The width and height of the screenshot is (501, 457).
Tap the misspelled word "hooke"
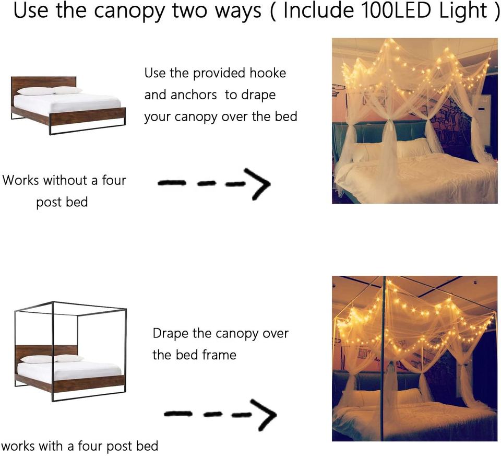click(x=268, y=73)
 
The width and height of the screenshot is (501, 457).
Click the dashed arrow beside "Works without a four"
click(x=214, y=183)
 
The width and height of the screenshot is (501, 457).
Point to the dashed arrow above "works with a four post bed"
click(x=220, y=414)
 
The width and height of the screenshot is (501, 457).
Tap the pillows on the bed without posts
click(x=50, y=91)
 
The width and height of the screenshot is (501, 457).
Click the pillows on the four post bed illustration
click(x=52, y=358)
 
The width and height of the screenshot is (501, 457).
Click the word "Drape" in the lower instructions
click(x=171, y=334)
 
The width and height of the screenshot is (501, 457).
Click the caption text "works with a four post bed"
click(x=79, y=446)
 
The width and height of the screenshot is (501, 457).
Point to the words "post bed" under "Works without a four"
click(x=62, y=203)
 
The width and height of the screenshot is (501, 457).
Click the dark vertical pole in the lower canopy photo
click(x=384, y=358)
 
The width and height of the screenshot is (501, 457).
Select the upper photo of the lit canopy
click(x=415, y=121)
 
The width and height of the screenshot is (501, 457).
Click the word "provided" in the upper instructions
click(x=220, y=74)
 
